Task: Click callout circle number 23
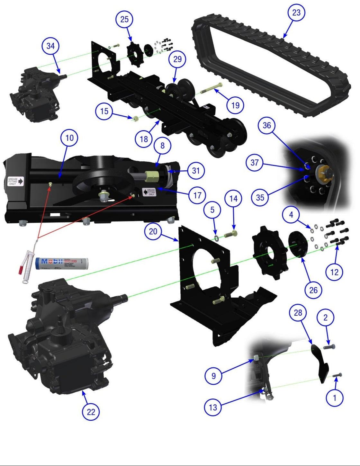296,13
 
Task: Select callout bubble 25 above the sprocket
124,19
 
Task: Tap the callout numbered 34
50,46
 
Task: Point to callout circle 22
91,412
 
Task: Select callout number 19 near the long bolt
235,105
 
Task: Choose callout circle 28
298,312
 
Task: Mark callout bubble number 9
214,376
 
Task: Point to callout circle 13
213,408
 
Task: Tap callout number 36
267,125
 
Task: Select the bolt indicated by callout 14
231,234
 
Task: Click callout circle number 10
69,138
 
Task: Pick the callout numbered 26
313,290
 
